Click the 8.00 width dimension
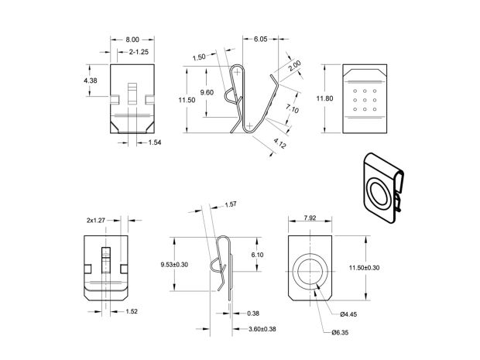click(x=132, y=39)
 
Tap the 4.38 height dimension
click(x=91, y=80)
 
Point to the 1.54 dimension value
click(x=155, y=143)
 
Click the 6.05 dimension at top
click(x=260, y=39)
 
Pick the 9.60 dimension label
click(x=207, y=92)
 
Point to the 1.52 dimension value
click(x=133, y=312)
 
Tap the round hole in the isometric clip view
click(x=380, y=194)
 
